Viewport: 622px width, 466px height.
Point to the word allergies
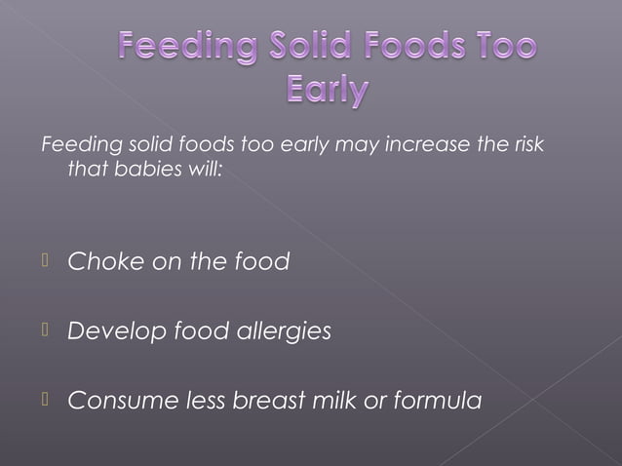(x=284, y=332)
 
